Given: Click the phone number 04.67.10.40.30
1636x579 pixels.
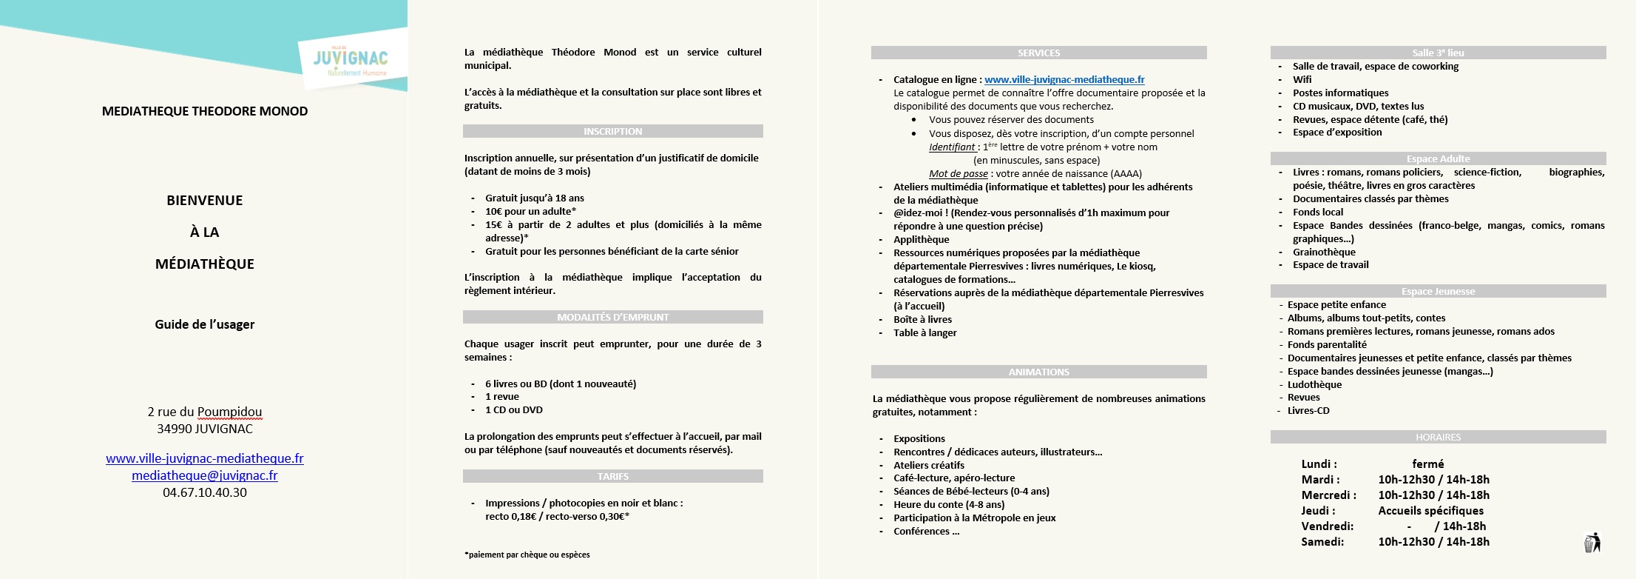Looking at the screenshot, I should coord(205,492).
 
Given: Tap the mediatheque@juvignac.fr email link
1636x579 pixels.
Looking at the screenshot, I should coord(205,475).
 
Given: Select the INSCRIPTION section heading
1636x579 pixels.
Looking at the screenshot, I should coord(612,131).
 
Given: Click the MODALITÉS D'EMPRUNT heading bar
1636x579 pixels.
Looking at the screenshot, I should coord(612,317).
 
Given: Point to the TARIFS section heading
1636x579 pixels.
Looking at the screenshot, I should coord(612,476).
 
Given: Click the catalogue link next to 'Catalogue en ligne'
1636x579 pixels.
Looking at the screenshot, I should coord(1064,79).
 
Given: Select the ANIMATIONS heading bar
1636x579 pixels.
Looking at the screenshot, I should coord(1038,372).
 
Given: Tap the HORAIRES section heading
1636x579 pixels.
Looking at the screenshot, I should coord(1438,437).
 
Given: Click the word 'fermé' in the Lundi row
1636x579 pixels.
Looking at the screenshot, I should coord(1427,463).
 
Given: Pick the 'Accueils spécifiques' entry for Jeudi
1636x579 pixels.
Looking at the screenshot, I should coord(1430,510).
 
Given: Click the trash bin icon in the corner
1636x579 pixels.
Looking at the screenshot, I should coord(1592,543).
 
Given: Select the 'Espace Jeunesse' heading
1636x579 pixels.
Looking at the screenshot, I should coord(1438,291).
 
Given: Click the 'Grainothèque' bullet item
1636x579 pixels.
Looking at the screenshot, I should coord(1324,252).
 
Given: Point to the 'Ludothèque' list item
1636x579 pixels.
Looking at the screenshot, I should coord(1314,384).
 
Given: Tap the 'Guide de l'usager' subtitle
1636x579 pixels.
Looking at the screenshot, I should coord(205,324).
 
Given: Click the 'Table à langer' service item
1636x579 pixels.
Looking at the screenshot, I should coord(925,332).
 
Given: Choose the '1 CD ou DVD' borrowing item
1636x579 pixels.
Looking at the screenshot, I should coord(513,409).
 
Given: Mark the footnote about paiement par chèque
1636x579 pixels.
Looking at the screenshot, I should coord(527,555).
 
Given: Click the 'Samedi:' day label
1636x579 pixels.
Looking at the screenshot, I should coord(1322,541).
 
